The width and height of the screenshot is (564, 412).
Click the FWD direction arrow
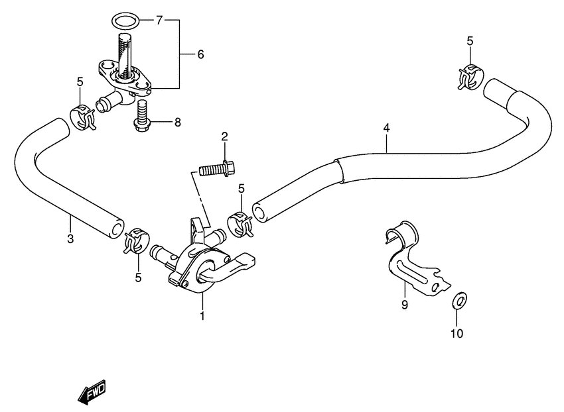point(92,393)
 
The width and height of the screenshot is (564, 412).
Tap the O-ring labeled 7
point(127,21)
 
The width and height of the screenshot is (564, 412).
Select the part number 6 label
point(200,54)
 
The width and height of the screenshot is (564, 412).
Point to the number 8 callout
point(177,122)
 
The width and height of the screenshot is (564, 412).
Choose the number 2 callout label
point(224,137)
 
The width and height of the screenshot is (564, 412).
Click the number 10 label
point(458,333)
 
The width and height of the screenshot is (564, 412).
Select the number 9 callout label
point(404,305)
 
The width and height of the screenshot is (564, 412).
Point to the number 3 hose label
point(70,238)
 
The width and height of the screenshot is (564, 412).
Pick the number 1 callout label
point(202,317)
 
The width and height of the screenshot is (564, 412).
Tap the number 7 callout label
point(159,21)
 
